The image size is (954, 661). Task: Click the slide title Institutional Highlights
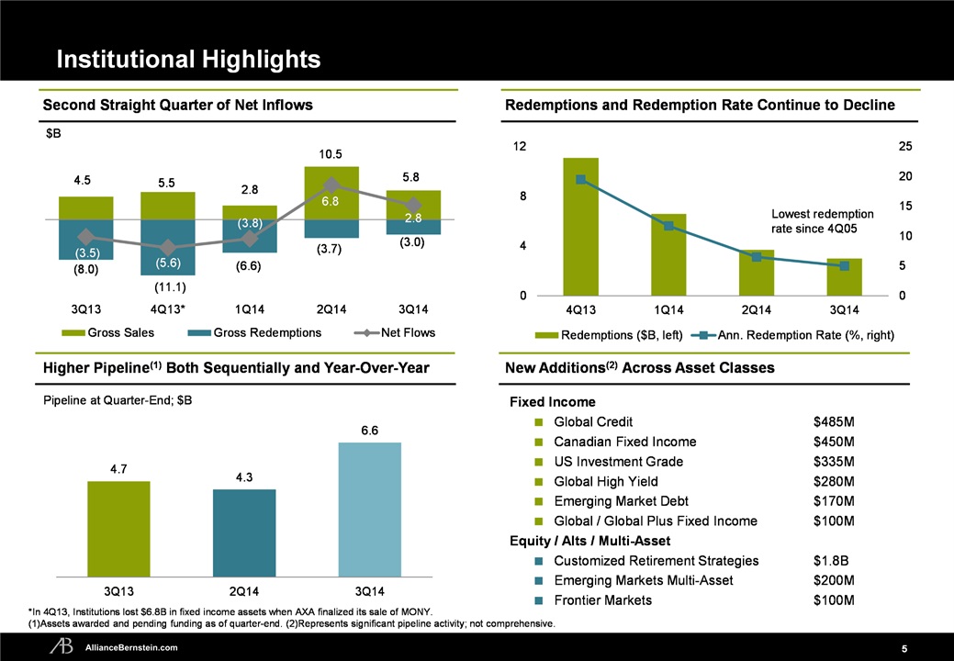click(188, 60)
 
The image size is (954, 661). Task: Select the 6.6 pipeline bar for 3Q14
click(370, 509)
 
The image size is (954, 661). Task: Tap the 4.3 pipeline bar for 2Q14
click(244, 532)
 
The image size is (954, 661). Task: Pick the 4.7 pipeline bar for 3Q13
click(118, 528)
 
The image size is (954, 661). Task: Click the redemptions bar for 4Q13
click(580, 226)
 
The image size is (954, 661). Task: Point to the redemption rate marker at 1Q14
click(668, 226)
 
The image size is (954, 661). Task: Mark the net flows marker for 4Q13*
click(167, 248)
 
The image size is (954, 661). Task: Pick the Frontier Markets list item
click(602, 600)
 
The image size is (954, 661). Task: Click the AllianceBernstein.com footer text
click(138, 647)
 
